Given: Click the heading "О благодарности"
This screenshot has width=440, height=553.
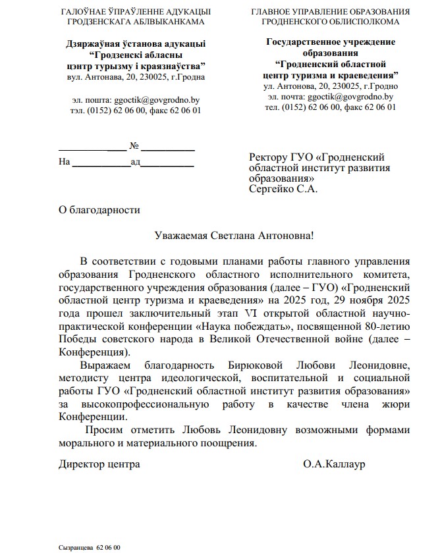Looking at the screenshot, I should click(x=99, y=211).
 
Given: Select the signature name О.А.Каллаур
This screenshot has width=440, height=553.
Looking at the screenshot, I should click(x=334, y=464).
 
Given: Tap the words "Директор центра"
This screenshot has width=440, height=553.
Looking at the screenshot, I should click(x=99, y=464).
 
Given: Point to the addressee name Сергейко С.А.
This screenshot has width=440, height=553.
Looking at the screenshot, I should click(x=283, y=189).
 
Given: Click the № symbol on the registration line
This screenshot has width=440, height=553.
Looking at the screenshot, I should click(x=135, y=145).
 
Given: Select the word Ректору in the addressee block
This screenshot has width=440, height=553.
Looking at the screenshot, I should click(x=268, y=157).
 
